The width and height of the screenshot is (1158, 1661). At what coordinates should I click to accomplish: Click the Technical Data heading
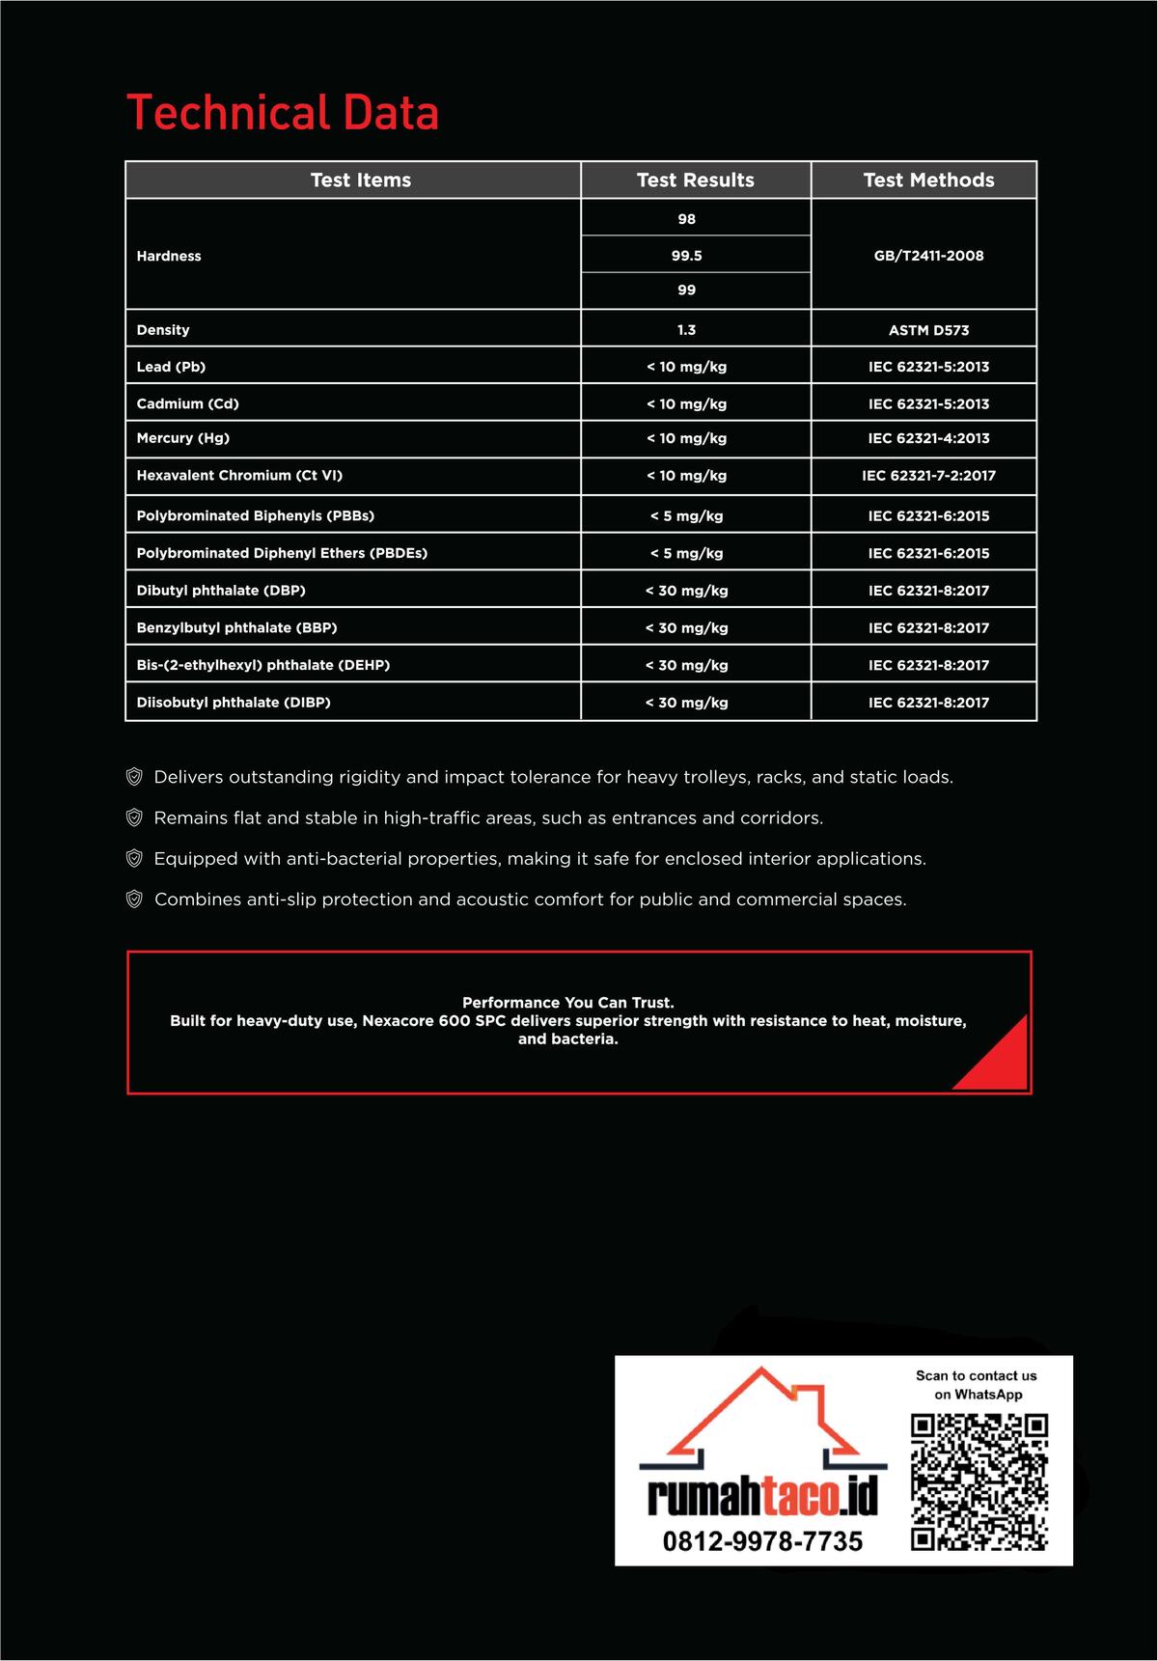point(283,113)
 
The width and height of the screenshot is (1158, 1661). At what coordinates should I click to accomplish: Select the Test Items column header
point(361,180)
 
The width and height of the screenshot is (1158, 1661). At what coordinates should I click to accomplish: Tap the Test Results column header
point(695,180)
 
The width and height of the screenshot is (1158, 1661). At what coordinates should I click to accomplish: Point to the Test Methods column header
point(928,180)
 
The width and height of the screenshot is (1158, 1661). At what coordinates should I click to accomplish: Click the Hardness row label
point(169,256)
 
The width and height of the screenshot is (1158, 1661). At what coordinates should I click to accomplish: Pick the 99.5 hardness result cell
point(686,256)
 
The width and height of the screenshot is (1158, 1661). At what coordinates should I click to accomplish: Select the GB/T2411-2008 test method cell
point(928,256)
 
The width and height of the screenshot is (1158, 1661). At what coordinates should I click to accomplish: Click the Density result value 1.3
point(686,330)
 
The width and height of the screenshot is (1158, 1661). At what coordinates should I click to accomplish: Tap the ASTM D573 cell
point(928,330)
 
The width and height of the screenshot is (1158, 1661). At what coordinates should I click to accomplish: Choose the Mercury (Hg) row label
point(183,438)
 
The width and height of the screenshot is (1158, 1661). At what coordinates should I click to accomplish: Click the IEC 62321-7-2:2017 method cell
point(928,476)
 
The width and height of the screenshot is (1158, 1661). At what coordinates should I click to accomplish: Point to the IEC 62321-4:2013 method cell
point(928,438)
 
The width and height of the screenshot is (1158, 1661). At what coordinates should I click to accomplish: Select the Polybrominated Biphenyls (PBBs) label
point(256,515)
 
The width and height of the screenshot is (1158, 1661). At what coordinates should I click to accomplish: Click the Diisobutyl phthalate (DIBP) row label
point(234,703)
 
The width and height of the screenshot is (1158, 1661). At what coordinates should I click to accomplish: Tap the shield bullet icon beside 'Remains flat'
point(135,817)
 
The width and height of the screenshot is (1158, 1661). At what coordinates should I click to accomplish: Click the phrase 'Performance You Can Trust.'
point(567,1003)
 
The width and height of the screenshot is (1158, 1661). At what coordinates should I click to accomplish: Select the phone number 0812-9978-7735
point(762,1541)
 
